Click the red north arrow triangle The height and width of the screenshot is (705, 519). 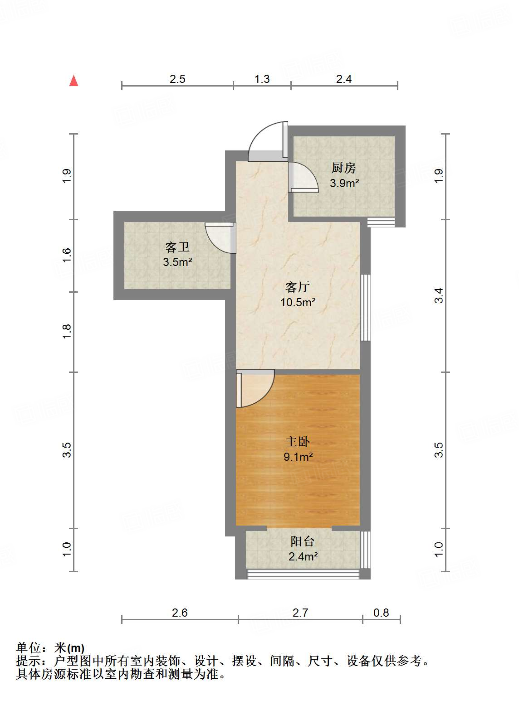(x=73, y=81)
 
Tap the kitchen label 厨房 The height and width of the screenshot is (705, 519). (x=343, y=168)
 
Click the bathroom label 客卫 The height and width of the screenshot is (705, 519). (x=177, y=247)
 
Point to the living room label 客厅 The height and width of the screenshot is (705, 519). (x=298, y=287)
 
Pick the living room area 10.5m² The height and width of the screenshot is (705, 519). (x=298, y=302)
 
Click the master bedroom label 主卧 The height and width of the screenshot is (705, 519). (x=298, y=441)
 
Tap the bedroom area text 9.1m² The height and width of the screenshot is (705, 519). (x=298, y=457)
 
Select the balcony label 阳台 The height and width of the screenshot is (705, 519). (x=303, y=541)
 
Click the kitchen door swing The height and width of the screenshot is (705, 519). (x=303, y=177)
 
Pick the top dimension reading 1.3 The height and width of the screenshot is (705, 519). (x=262, y=79)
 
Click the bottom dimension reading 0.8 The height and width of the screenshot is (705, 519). (x=381, y=613)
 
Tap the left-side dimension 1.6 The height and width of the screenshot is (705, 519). (x=67, y=255)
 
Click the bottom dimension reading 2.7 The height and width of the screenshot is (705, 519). (x=300, y=613)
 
